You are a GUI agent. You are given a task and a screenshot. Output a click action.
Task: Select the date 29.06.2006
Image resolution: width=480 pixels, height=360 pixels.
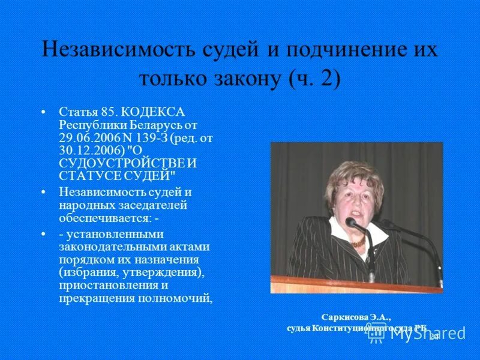[85, 138]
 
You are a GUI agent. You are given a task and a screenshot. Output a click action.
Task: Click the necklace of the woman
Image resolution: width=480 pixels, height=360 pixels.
[358, 243]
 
